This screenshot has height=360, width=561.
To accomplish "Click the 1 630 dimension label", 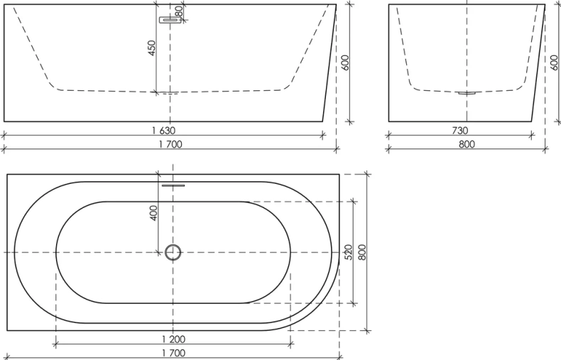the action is [163, 131].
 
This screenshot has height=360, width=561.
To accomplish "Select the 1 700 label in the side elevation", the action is [170, 144].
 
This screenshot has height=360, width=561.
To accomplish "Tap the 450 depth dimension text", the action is [152, 48].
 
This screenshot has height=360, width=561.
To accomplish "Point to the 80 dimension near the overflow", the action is [179, 11].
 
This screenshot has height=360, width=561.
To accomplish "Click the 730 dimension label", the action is [459, 131].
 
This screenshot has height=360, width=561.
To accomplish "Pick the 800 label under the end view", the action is [467, 144].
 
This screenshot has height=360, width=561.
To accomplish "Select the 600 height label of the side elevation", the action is [345, 62].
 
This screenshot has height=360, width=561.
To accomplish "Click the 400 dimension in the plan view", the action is [153, 212].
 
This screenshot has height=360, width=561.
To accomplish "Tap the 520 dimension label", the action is [348, 252].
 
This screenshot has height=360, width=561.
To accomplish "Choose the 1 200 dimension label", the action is [173, 339].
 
